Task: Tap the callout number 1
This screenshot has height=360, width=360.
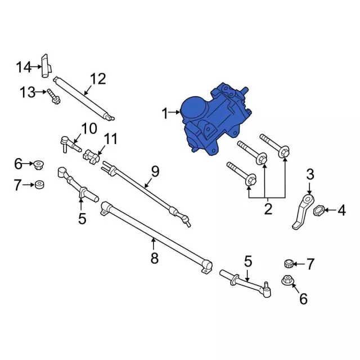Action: (x=165, y=114)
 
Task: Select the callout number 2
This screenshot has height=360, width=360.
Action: (x=268, y=209)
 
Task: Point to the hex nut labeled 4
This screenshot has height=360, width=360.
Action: (x=318, y=210)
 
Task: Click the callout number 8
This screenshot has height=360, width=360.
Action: (x=155, y=258)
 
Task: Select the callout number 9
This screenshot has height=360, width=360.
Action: (x=155, y=172)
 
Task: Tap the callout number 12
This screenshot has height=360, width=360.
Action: (x=98, y=79)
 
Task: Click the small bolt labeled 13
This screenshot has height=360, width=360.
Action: (x=54, y=97)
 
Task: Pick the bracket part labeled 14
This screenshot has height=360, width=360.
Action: (x=46, y=66)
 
